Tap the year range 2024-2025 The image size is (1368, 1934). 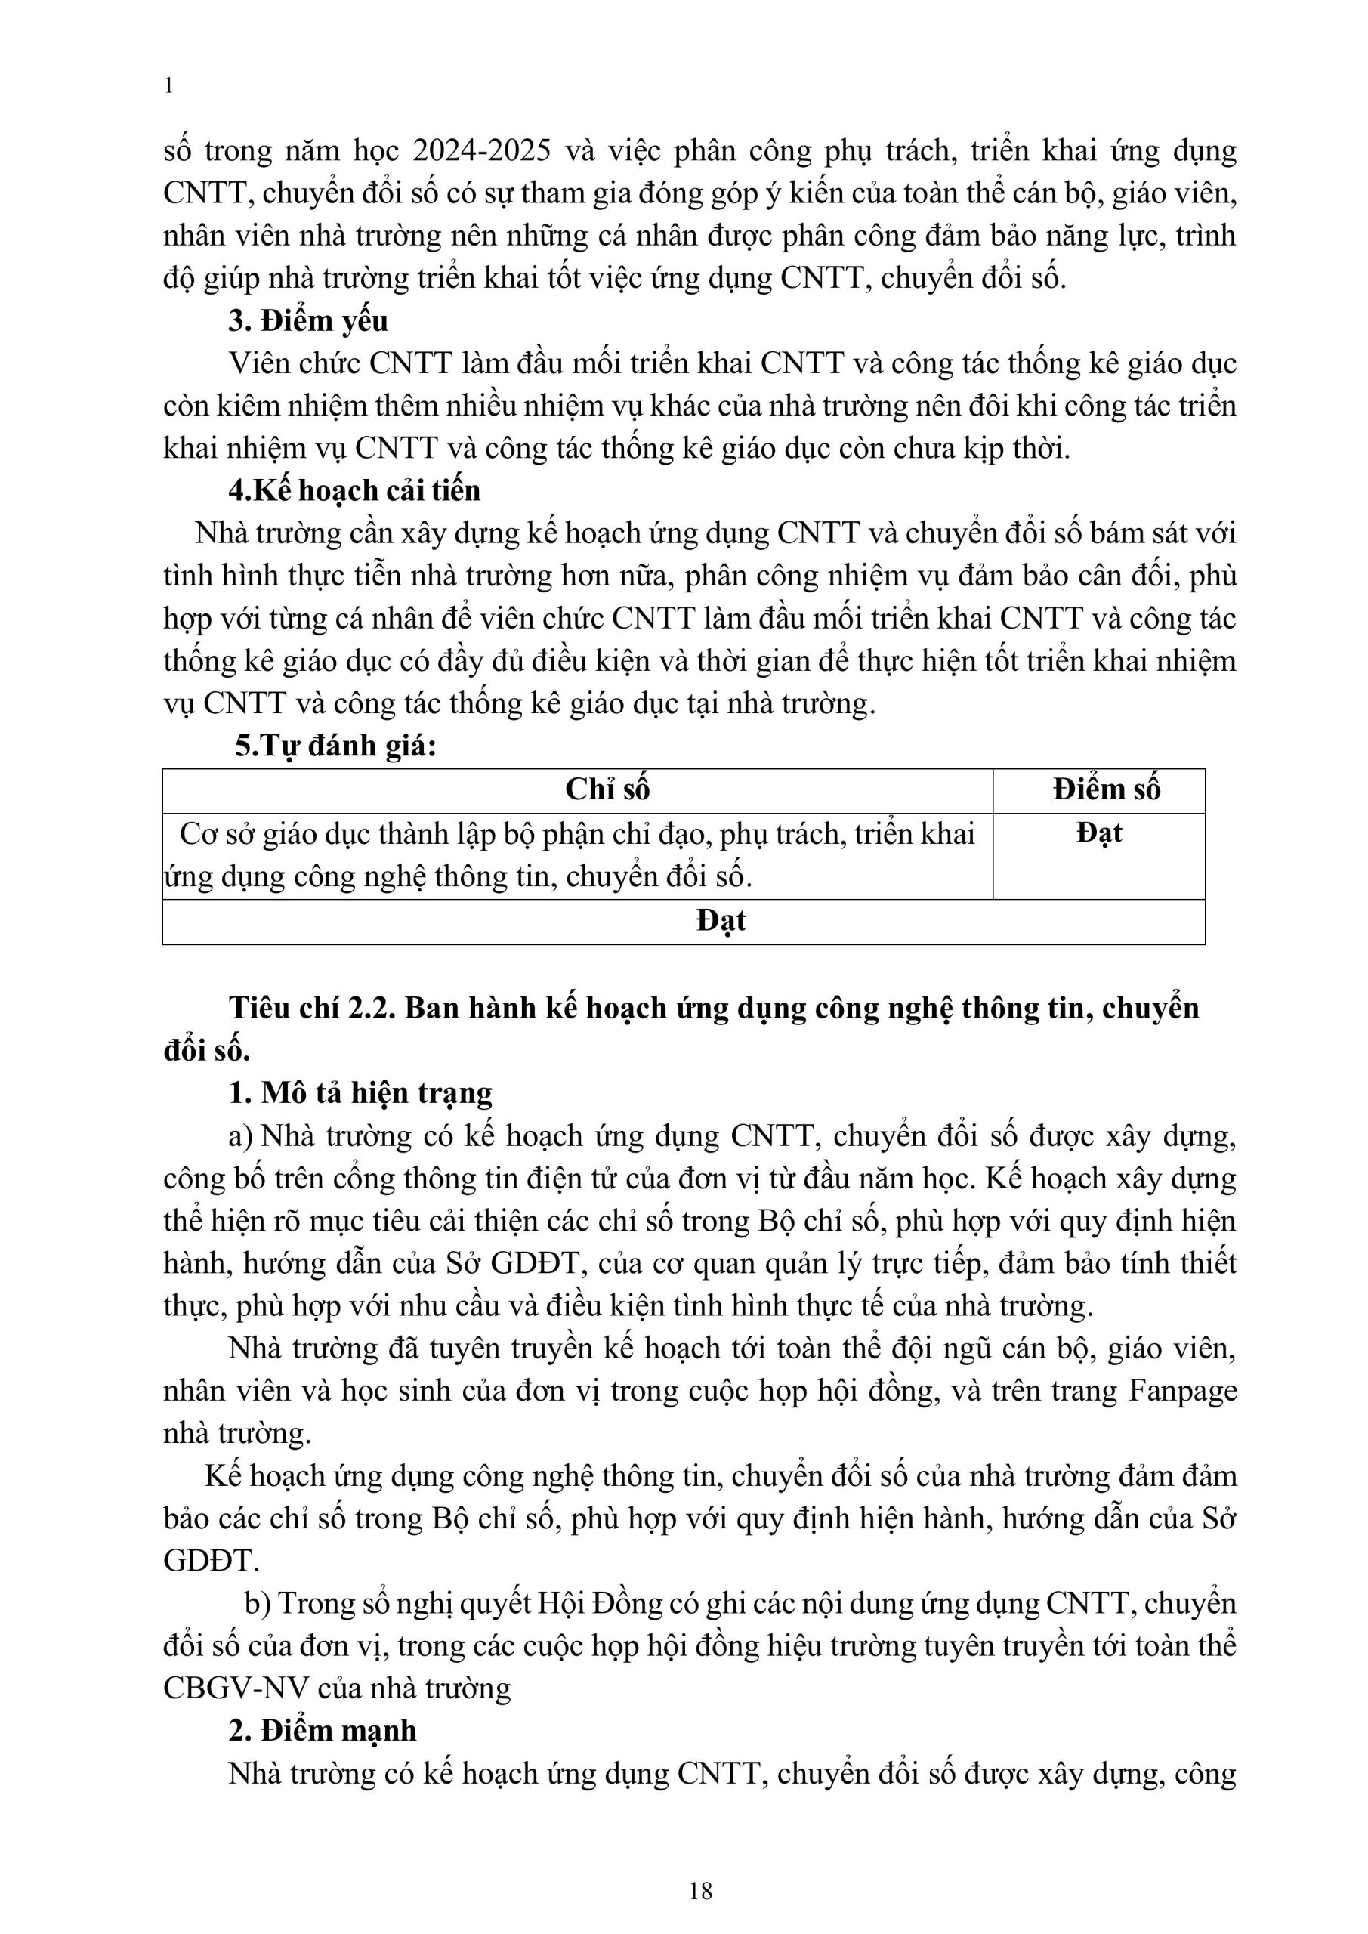pos(482,152)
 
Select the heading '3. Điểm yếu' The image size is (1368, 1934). pos(307,321)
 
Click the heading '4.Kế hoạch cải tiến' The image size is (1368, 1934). pos(354,490)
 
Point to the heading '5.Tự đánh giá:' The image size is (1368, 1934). pos(335,746)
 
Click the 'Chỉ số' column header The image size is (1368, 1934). pos(607,789)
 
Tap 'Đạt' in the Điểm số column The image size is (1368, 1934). pos(1099,833)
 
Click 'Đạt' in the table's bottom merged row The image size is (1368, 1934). pos(721,921)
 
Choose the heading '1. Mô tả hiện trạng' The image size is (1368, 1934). pos(360,1093)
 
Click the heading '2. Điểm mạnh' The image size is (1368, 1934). pos(323,1730)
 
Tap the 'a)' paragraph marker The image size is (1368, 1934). pos(240,1136)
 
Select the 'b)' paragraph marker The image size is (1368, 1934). pos(257,1603)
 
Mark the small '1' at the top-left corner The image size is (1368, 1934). pos(168,86)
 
